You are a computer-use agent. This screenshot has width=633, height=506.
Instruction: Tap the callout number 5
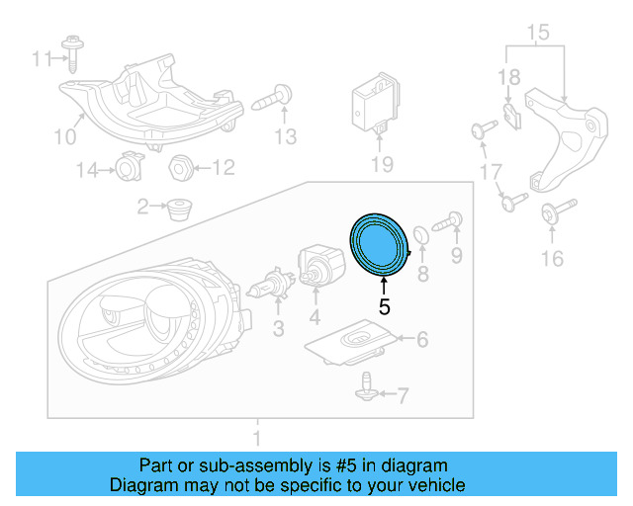click(385, 307)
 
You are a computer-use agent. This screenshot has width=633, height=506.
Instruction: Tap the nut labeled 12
click(180, 167)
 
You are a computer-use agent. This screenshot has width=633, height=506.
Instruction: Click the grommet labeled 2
click(178, 210)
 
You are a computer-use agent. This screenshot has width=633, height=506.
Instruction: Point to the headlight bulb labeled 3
click(264, 289)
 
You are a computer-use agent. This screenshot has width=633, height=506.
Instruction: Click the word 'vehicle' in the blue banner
click(431, 485)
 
